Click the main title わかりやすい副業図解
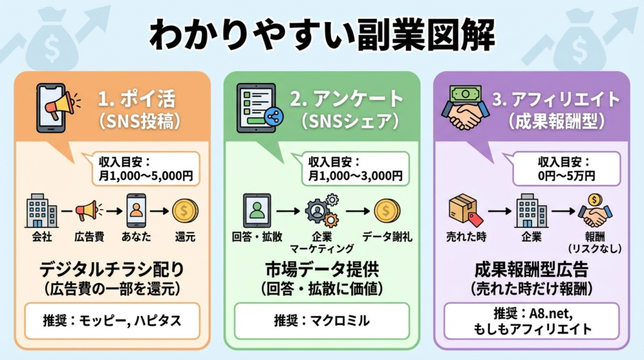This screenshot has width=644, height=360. pyautogui.click(x=321, y=36)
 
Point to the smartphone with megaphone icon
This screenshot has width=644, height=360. pyautogui.click(x=58, y=110)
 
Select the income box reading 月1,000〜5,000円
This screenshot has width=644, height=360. pyautogui.click(x=145, y=169)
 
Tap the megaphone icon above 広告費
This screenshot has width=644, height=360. pyautogui.click(x=86, y=210)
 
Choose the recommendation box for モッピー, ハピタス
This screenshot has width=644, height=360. pyautogui.click(x=112, y=320)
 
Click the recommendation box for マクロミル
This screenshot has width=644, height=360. pyautogui.click(x=321, y=320)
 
